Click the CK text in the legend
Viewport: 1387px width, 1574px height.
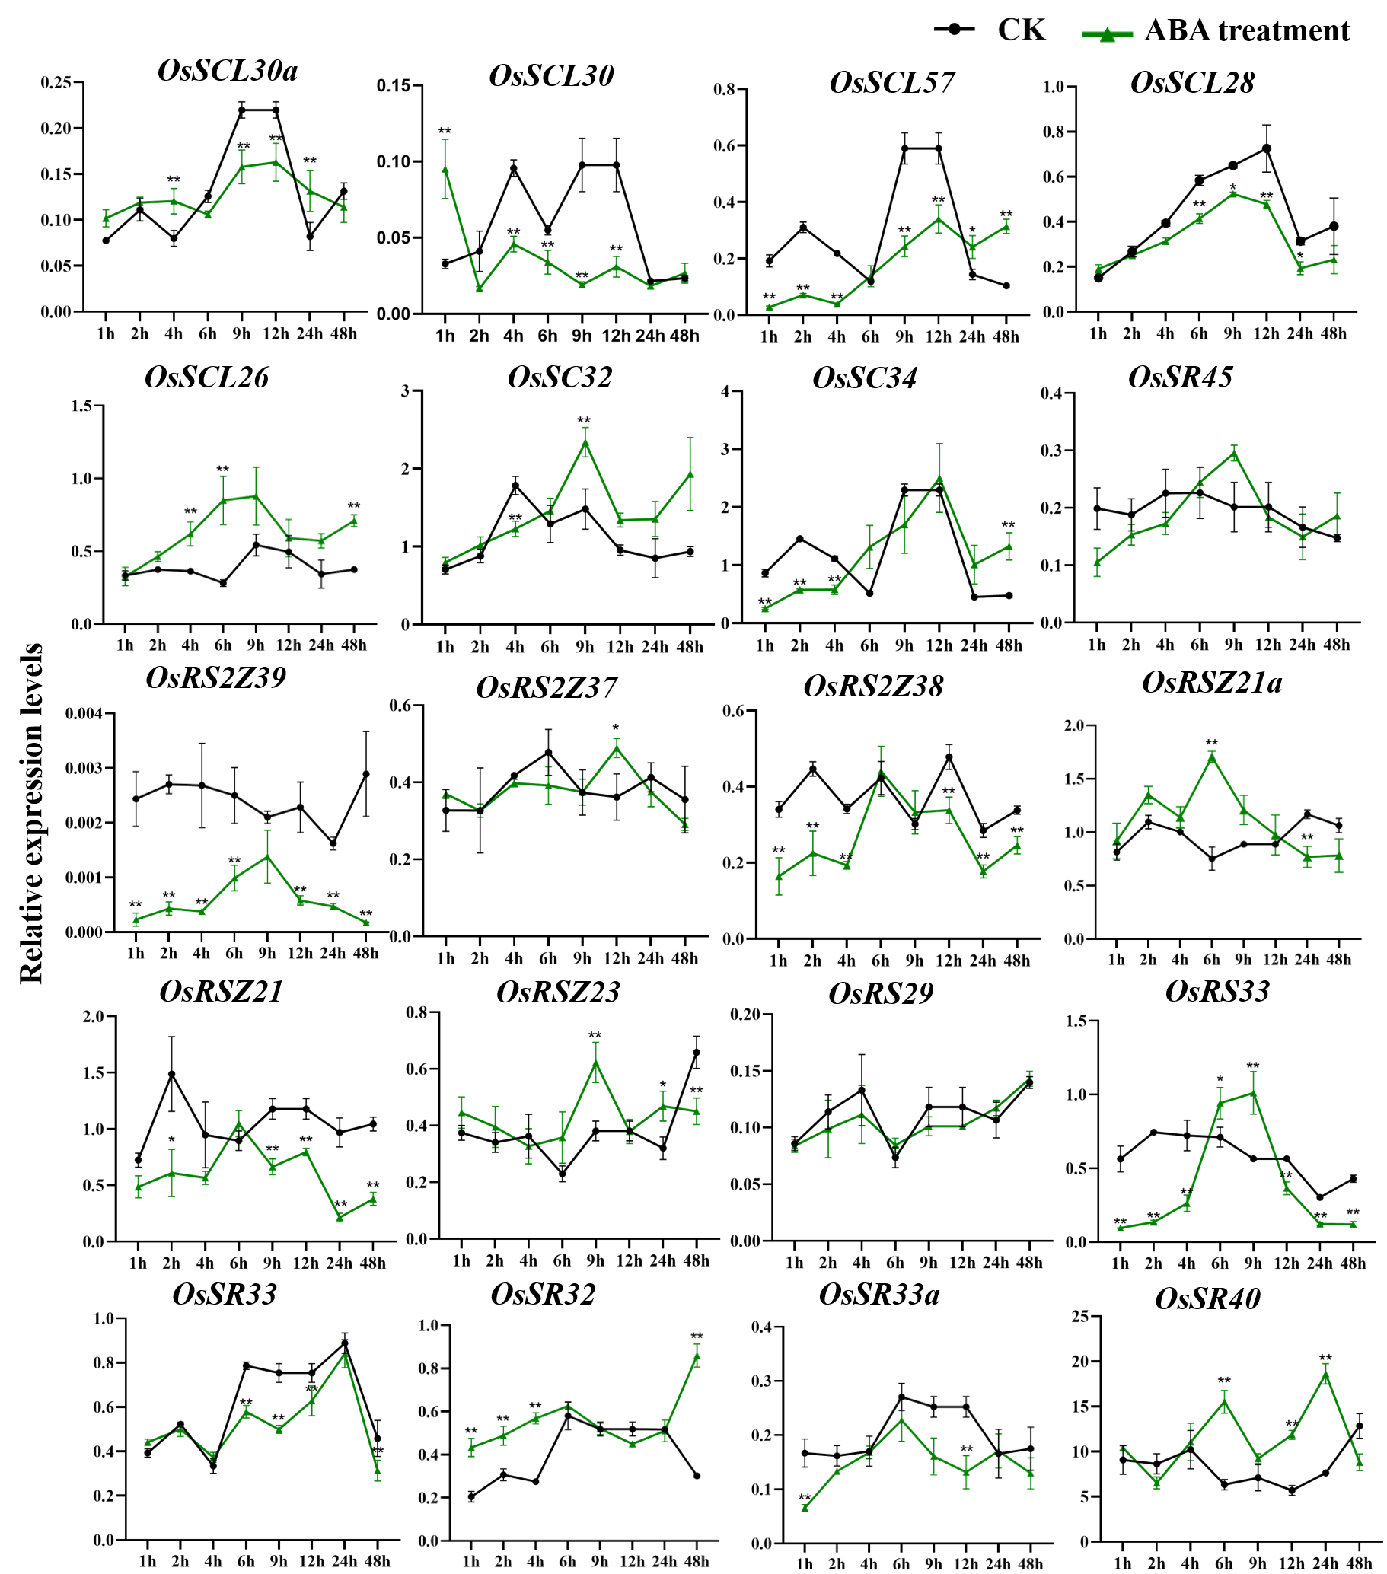(1022, 30)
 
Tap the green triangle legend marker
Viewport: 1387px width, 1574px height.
(1108, 34)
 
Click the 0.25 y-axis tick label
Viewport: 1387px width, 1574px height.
(56, 81)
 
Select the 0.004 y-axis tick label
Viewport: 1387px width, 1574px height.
(84, 713)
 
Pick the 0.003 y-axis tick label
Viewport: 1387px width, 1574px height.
(84, 768)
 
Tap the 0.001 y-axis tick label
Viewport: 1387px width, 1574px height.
(84, 877)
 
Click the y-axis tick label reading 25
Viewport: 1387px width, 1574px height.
(1079, 1317)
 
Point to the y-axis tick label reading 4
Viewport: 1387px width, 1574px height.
(724, 391)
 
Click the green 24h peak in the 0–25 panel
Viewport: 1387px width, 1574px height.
(1325, 1370)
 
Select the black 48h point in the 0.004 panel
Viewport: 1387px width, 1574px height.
(366, 773)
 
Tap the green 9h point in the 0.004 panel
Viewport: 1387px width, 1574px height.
(267, 856)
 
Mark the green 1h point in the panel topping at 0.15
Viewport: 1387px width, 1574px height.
(445, 168)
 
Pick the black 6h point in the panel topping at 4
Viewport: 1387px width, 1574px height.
(869, 594)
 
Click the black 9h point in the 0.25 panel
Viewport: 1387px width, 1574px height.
(242, 110)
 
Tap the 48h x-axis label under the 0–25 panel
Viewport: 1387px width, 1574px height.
(1359, 1564)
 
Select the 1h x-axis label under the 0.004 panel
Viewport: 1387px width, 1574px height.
(136, 954)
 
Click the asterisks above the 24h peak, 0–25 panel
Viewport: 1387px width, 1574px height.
(1325, 1358)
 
